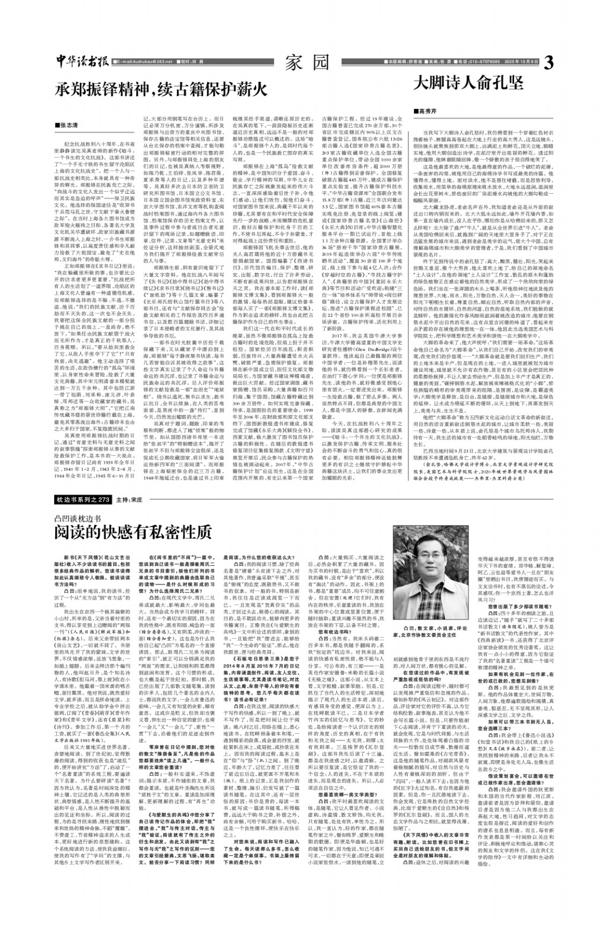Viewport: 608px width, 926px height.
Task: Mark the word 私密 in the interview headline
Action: coord(162,532)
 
